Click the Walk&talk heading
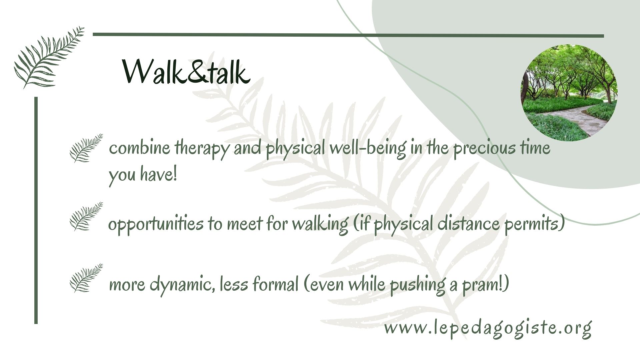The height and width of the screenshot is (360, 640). (186, 72)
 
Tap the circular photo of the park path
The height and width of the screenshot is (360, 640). (569, 93)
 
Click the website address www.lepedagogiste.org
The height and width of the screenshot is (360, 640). (488, 328)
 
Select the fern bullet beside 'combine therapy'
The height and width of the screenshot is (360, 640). (86, 148)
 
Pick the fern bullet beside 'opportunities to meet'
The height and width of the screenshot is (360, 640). (86, 216)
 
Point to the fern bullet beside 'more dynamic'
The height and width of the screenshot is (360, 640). (86, 278)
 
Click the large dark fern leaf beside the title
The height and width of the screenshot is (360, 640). (49, 57)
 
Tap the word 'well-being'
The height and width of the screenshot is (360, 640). (368, 149)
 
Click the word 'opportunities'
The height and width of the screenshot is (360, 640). (155, 224)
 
